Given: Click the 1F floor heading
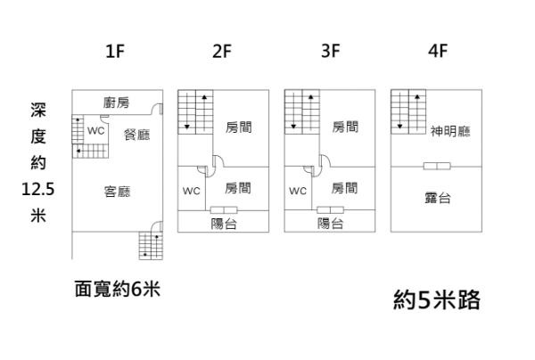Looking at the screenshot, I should point(114,51).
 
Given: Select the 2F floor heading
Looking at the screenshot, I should point(222,51).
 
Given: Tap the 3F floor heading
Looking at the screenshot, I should point(331,51).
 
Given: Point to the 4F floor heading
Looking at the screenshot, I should point(437,51).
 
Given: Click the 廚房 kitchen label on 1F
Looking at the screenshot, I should point(117,102).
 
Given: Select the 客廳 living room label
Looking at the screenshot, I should point(117,191).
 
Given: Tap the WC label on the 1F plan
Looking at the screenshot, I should point(95,130).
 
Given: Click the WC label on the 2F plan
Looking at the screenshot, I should point(191,191).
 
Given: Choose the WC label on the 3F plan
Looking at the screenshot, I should point(298,191).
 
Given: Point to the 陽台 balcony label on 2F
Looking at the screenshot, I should point(223,224).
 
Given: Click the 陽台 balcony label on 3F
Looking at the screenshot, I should point(331,224).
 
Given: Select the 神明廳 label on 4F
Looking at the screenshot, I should point(450,131).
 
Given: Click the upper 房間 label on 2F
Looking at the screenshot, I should point(238,127).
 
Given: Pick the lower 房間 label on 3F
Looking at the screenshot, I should point(345,188).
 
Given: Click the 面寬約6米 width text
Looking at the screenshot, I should point(117,290).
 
